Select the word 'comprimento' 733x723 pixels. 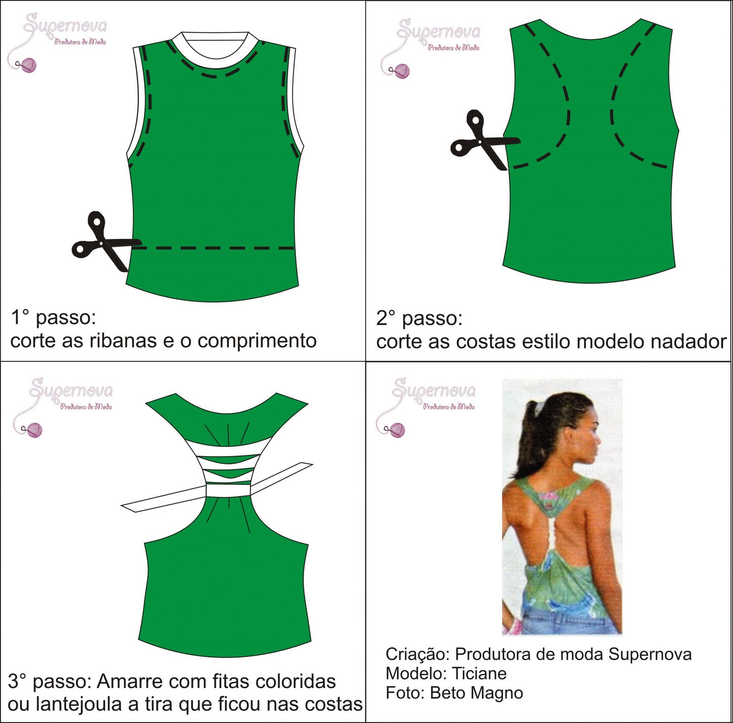[x=257, y=341]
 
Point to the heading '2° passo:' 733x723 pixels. [x=419, y=318]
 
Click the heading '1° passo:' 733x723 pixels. [x=53, y=317]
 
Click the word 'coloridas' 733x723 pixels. [x=295, y=682]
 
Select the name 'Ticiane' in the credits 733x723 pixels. [x=479, y=674]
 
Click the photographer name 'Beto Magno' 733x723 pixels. [x=476, y=693]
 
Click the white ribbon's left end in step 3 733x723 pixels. [x=133, y=506]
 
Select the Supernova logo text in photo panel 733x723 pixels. [x=434, y=390]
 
